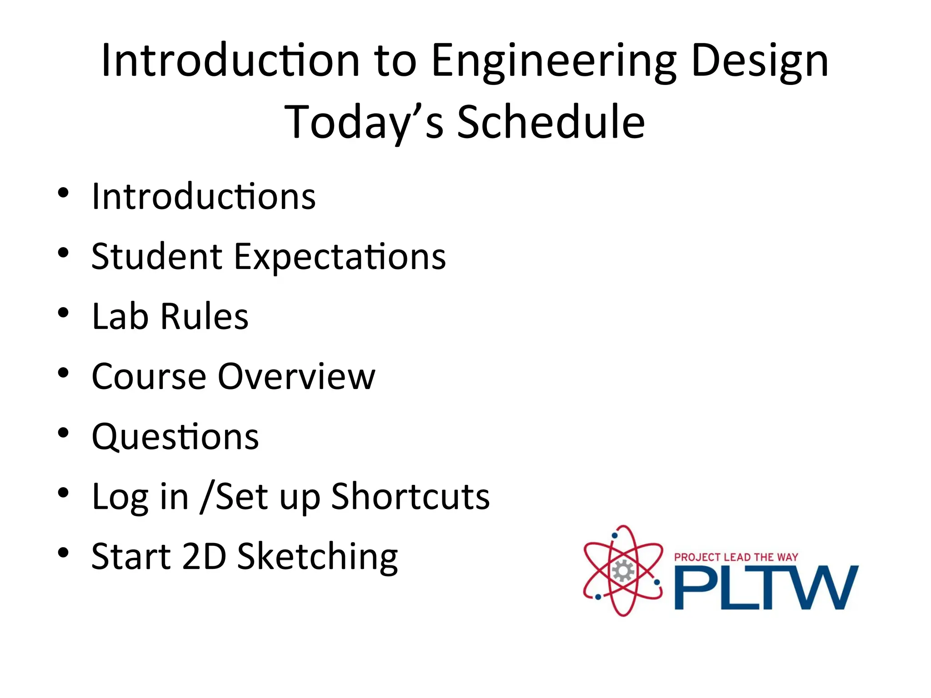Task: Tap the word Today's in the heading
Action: click(364, 122)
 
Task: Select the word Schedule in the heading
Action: click(551, 122)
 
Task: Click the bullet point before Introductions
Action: click(63, 193)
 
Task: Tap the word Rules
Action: click(205, 316)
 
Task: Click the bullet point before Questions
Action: click(63, 433)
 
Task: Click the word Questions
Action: click(175, 437)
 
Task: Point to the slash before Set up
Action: click(207, 497)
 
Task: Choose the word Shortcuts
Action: click(410, 497)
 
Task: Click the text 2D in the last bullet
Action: click(204, 556)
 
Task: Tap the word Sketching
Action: click(317, 558)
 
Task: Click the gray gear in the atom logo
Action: click(622, 571)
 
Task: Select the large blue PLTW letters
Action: click(766, 588)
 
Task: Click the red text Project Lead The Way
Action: click(736, 557)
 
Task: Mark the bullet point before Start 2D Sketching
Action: click(63, 553)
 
